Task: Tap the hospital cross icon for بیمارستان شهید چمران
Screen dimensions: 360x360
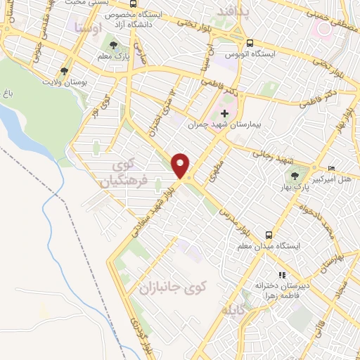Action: [x=224, y=113]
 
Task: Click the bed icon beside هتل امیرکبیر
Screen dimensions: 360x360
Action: [x=332, y=168]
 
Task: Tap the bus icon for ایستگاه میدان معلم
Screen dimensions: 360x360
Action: [x=269, y=235]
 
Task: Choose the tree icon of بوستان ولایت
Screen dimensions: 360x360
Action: [x=64, y=72]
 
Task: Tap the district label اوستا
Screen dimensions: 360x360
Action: [x=87, y=28]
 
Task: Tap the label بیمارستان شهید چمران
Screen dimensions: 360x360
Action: [x=226, y=124]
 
